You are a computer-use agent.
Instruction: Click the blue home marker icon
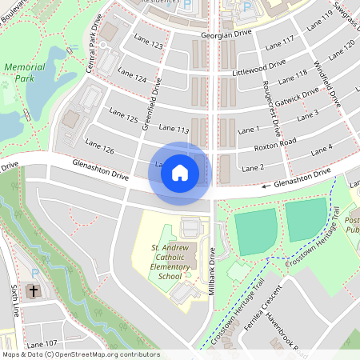click(180, 173)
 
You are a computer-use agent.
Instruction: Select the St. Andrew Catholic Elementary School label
click(170, 262)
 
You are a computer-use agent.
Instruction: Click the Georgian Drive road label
click(228, 33)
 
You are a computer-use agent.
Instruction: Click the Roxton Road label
click(275, 143)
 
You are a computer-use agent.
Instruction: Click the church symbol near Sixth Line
click(33, 291)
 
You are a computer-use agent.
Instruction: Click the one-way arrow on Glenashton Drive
click(266, 186)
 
